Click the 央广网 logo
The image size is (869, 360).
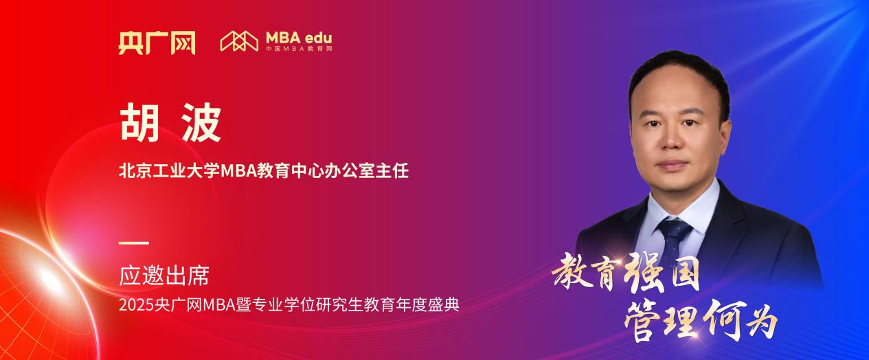(x=156, y=42)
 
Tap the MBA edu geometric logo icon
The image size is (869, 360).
(x=238, y=41)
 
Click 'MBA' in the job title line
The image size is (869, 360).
(x=238, y=171)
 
